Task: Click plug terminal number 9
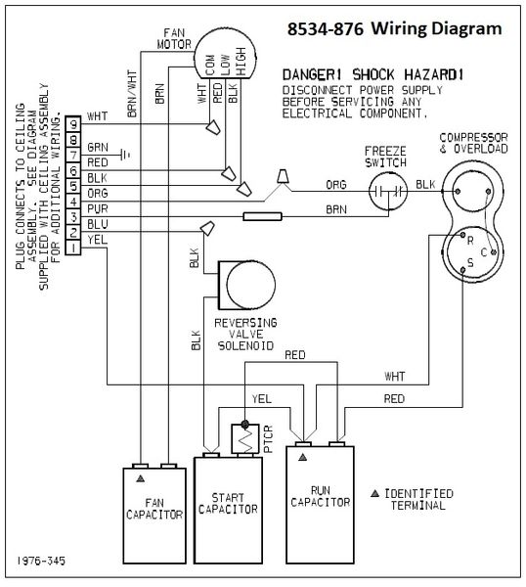coord(73,124)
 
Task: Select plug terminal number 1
coord(73,248)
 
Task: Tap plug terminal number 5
coord(73,186)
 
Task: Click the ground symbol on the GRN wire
coord(125,154)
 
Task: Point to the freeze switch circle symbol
coord(388,192)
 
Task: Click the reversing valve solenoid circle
coord(251,285)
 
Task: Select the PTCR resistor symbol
coord(245,438)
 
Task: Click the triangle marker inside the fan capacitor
coord(140,478)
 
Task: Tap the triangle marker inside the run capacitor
coord(303,457)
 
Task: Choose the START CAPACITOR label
coord(228,503)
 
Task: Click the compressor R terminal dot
coord(462,235)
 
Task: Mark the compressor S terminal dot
coord(462,270)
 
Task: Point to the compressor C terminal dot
coord(494,252)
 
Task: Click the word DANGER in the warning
coord(312,75)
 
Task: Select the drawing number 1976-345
coord(41,561)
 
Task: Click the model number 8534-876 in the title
coord(326,29)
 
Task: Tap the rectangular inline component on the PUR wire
coord(262,216)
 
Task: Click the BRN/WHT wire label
coord(132,94)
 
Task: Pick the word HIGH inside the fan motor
coord(241,62)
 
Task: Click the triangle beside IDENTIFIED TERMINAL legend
coord(374,493)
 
